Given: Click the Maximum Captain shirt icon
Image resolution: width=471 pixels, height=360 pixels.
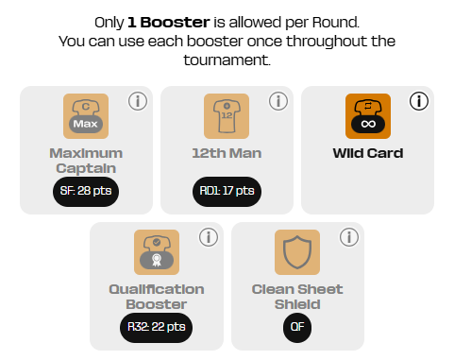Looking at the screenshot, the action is [86, 116].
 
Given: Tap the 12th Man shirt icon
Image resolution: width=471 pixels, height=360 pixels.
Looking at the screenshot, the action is [227, 116].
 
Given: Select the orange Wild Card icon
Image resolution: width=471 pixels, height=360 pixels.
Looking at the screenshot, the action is [368, 116].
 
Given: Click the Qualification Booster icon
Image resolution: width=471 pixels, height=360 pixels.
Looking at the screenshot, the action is [157, 252].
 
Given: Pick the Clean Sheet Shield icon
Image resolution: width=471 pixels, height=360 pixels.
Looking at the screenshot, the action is [297, 252].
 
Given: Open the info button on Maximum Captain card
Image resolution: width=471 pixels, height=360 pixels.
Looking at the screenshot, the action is [138, 101].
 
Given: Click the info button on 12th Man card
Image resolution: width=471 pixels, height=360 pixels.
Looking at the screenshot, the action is [278, 101].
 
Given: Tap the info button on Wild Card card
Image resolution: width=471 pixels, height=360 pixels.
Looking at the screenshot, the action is [419, 101].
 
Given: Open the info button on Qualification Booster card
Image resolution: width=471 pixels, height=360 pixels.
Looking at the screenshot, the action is [209, 237].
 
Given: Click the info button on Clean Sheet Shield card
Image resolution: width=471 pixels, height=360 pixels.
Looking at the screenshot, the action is [349, 237].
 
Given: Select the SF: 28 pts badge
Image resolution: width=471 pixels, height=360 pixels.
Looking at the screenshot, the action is [86, 192].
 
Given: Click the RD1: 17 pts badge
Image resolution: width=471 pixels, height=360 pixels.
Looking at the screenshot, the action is [227, 192].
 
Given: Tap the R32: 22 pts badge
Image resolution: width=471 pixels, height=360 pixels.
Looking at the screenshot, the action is [157, 328].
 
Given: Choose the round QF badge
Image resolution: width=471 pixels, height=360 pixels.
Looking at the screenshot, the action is [297, 328].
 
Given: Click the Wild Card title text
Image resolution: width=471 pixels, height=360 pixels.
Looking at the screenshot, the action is [368, 153].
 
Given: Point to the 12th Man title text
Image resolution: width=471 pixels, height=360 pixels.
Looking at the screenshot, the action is [227, 153].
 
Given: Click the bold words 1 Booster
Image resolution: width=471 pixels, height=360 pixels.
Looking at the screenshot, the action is [169, 23].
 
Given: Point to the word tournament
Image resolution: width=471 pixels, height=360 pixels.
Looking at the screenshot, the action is [227, 60].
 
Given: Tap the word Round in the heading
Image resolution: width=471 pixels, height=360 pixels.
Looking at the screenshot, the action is [335, 23].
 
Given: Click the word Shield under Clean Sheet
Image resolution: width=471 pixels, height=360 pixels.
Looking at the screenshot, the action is [297, 304].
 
